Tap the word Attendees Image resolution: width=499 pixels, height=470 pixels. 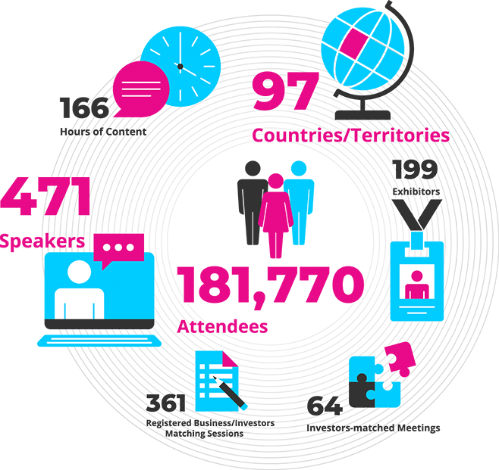[222, 326]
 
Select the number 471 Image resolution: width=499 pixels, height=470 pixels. [46, 199]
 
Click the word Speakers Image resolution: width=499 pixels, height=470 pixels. [42, 242]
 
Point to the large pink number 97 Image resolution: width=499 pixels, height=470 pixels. [283, 94]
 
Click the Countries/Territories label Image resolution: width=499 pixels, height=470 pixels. [351, 135]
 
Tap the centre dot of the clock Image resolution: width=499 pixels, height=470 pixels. [180, 66]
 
